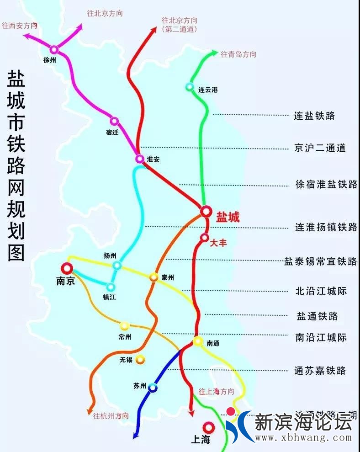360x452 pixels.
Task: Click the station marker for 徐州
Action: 54,49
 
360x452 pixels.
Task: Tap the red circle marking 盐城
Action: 206,211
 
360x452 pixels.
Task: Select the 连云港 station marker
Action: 190,87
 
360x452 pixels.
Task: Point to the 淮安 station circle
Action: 140,159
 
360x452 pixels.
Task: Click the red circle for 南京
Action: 68,268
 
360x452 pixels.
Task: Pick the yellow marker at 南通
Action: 198,341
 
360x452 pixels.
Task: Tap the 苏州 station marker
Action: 153,388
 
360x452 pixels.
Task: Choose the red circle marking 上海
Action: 209,428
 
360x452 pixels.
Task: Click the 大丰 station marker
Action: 204,238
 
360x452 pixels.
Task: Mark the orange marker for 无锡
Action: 140,360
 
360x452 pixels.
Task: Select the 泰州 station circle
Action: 154,277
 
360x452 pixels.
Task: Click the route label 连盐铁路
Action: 314,116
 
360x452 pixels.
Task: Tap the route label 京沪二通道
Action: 320,148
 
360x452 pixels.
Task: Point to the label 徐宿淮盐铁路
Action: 326,184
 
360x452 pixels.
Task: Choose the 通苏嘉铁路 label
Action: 320,371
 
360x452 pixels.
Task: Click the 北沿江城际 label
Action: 321,291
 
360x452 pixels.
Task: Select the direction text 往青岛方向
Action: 238,54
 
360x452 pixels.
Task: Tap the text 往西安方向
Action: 19,26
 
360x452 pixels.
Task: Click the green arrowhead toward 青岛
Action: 214,53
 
